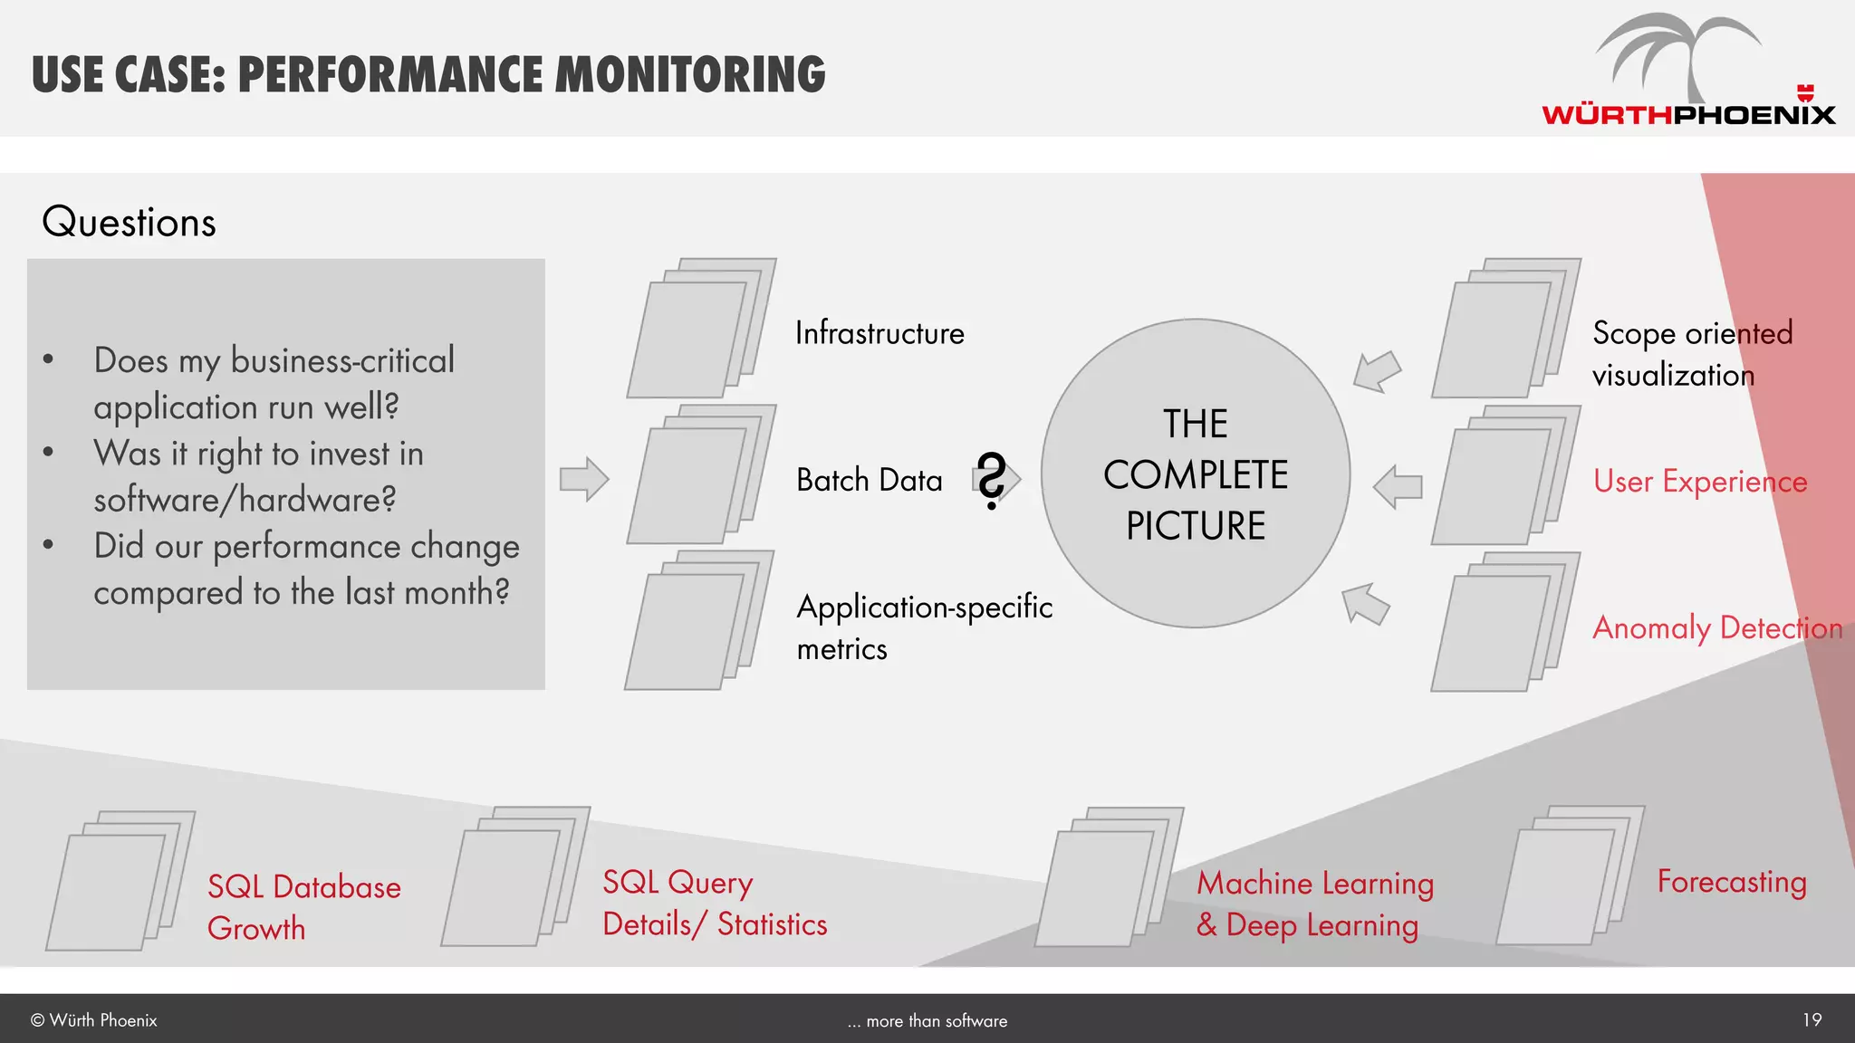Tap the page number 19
1812,1020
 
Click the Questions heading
129,223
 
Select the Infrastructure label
879,333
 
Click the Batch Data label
869,480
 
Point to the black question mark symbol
992,480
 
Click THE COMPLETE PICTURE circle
1196,474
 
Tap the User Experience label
1699,482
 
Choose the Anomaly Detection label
1716,627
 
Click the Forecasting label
1731,881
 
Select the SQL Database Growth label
303,907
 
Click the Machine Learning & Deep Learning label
1314,904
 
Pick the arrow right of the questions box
583,479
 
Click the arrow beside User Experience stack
1398,486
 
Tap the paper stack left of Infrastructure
699,329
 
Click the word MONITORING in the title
689,74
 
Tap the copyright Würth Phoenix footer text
94,1020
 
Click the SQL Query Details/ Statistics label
714,904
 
